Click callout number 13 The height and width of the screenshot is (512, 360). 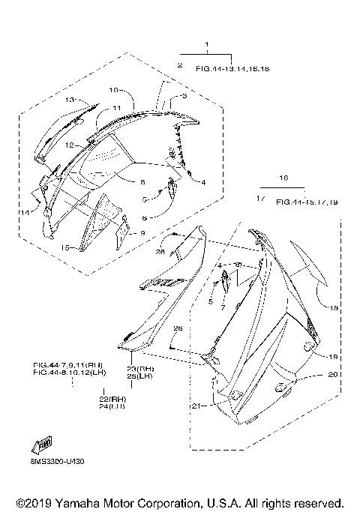68,100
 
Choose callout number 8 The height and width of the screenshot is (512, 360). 142,181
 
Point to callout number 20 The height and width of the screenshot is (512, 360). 333,375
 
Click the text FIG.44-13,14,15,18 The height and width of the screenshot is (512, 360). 232,68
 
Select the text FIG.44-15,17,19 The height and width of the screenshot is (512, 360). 307,202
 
